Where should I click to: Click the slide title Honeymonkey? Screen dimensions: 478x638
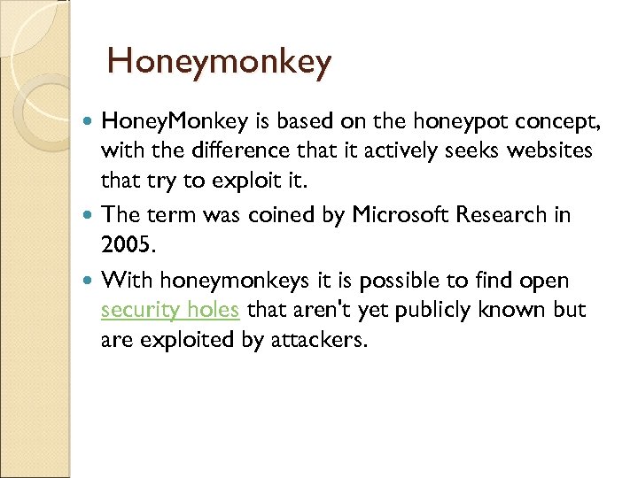pos(219,62)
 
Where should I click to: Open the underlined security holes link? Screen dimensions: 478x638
pos(170,311)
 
